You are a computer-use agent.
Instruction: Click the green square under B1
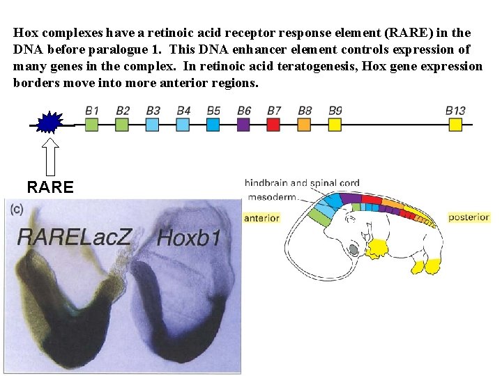pyautogui.click(x=91, y=125)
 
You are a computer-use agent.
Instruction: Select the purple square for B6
pyautogui.click(x=243, y=125)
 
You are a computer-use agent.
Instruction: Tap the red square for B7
pyautogui.click(x=273, y=125)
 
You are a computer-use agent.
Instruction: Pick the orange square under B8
pyautogui.click(x=304, y=125)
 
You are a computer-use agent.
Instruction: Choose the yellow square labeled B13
pyautogui.click(x=455, y=125)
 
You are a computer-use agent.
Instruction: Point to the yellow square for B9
pyautogui.click(x=335, y=125)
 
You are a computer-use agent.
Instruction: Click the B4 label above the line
pyautogui.click(x=183, y=110)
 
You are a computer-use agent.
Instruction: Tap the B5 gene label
pyautogui.click(x=213, y=110)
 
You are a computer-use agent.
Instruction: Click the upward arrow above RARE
pyautogui.click(x=50, y=156)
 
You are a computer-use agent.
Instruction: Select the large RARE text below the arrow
pyautogui.click(x=50, y=187)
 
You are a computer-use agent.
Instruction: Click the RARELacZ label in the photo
pyautogui.click(x=75, y=237)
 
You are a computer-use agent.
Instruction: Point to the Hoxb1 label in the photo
pyautogui.click(x=189, y=238)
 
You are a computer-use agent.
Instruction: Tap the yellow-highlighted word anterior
pyautogui.click(x=261, y=218)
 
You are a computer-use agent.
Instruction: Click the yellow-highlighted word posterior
pyautogui.click(x=469, y=217)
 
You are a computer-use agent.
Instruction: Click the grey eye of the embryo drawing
pyautogui.click(x=353, y=249)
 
